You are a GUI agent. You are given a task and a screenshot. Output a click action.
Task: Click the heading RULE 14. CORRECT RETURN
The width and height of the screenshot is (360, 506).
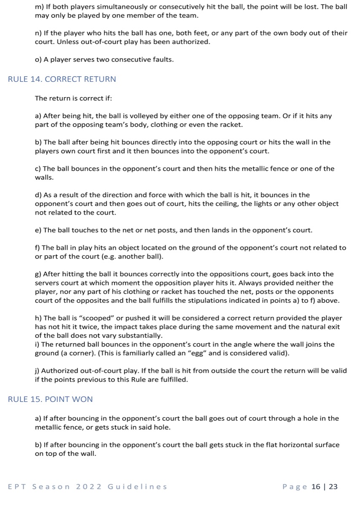[62, 79]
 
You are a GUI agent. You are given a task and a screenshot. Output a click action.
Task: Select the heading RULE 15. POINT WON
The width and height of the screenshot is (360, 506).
[51, 399]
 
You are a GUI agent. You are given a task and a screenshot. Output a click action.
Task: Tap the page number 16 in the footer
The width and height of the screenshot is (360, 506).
[316, 487]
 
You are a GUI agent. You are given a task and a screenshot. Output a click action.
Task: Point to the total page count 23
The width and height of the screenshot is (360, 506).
[333, 487]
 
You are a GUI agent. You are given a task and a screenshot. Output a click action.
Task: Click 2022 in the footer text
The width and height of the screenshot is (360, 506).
[89, 487]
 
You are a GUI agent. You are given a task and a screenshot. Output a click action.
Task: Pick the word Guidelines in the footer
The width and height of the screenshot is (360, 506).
[137, 487]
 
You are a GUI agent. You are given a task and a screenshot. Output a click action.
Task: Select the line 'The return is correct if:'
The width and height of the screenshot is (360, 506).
[73, 98]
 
